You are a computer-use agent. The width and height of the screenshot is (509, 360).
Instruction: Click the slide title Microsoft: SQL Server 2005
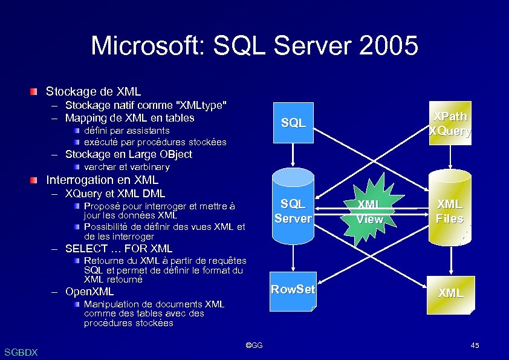coord(254,46)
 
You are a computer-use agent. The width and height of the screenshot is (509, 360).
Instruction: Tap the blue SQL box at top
coord(293,123)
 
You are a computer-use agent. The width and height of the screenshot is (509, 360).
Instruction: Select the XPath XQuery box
coord(450,123)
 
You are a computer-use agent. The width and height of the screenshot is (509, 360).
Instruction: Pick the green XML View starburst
coord(369,212)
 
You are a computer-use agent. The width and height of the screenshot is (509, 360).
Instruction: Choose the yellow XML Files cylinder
coord(450,211)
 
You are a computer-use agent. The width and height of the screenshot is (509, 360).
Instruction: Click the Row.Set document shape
coord(293,291)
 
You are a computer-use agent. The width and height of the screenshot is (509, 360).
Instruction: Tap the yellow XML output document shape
coord(450,293)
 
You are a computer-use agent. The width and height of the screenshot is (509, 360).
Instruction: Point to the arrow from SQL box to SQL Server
coord(293,155)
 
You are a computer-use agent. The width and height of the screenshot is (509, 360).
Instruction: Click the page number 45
coord(475,345)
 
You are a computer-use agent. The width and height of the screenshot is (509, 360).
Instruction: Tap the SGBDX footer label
coord(21,352)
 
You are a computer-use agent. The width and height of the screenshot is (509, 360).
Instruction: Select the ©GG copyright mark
coord(254,345)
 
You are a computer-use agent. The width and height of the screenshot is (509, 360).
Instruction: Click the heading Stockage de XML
coord(94,92)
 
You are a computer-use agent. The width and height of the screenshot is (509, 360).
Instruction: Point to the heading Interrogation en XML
coord(102,180)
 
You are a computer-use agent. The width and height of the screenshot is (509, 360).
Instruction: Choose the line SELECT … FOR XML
coord(118,249)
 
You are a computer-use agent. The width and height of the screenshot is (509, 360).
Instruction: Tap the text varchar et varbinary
coord(127,167)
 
